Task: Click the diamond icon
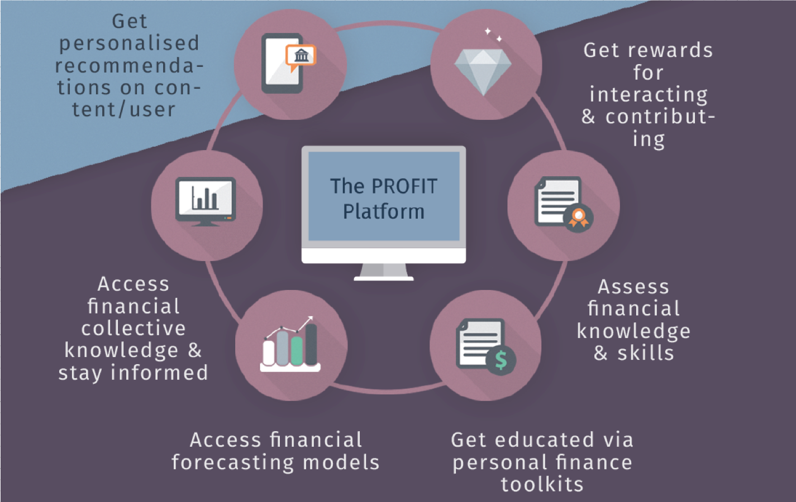coord(483,70)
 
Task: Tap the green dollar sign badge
coord(501,360)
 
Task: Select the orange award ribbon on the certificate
coord(578,217)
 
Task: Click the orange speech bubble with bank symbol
coord(301,56)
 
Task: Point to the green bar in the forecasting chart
coord(297,350)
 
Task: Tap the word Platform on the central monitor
coord(384,212)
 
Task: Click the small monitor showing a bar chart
coord(206,200)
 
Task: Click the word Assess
coord(633,287)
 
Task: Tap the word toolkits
coord(542,484)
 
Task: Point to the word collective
coord(134,328)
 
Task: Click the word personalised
coord(129,43)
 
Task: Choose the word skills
coord(646,353)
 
